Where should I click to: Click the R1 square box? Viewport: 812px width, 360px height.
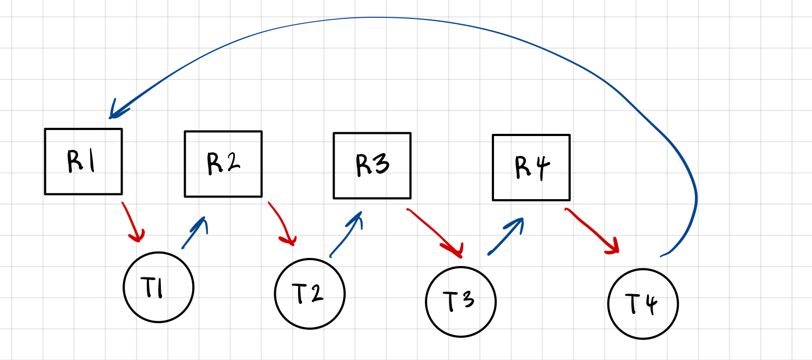coord(83,161)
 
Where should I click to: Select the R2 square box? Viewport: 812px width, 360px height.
coord(223,164)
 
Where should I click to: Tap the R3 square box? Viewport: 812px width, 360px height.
coord(372,166)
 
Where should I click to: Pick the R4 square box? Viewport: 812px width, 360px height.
coord(531,167)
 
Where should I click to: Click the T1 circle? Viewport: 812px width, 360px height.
coord(158,287)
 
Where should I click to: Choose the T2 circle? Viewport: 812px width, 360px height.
coord(309,294)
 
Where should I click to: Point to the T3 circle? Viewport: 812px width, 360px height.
coord(461,301)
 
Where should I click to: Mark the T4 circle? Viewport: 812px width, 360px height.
coord(642,304)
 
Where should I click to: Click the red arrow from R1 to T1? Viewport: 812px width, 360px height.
coord(133,222)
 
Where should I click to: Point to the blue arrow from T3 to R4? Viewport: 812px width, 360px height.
coord(506,235)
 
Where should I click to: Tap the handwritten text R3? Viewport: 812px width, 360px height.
coord(372,165)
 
